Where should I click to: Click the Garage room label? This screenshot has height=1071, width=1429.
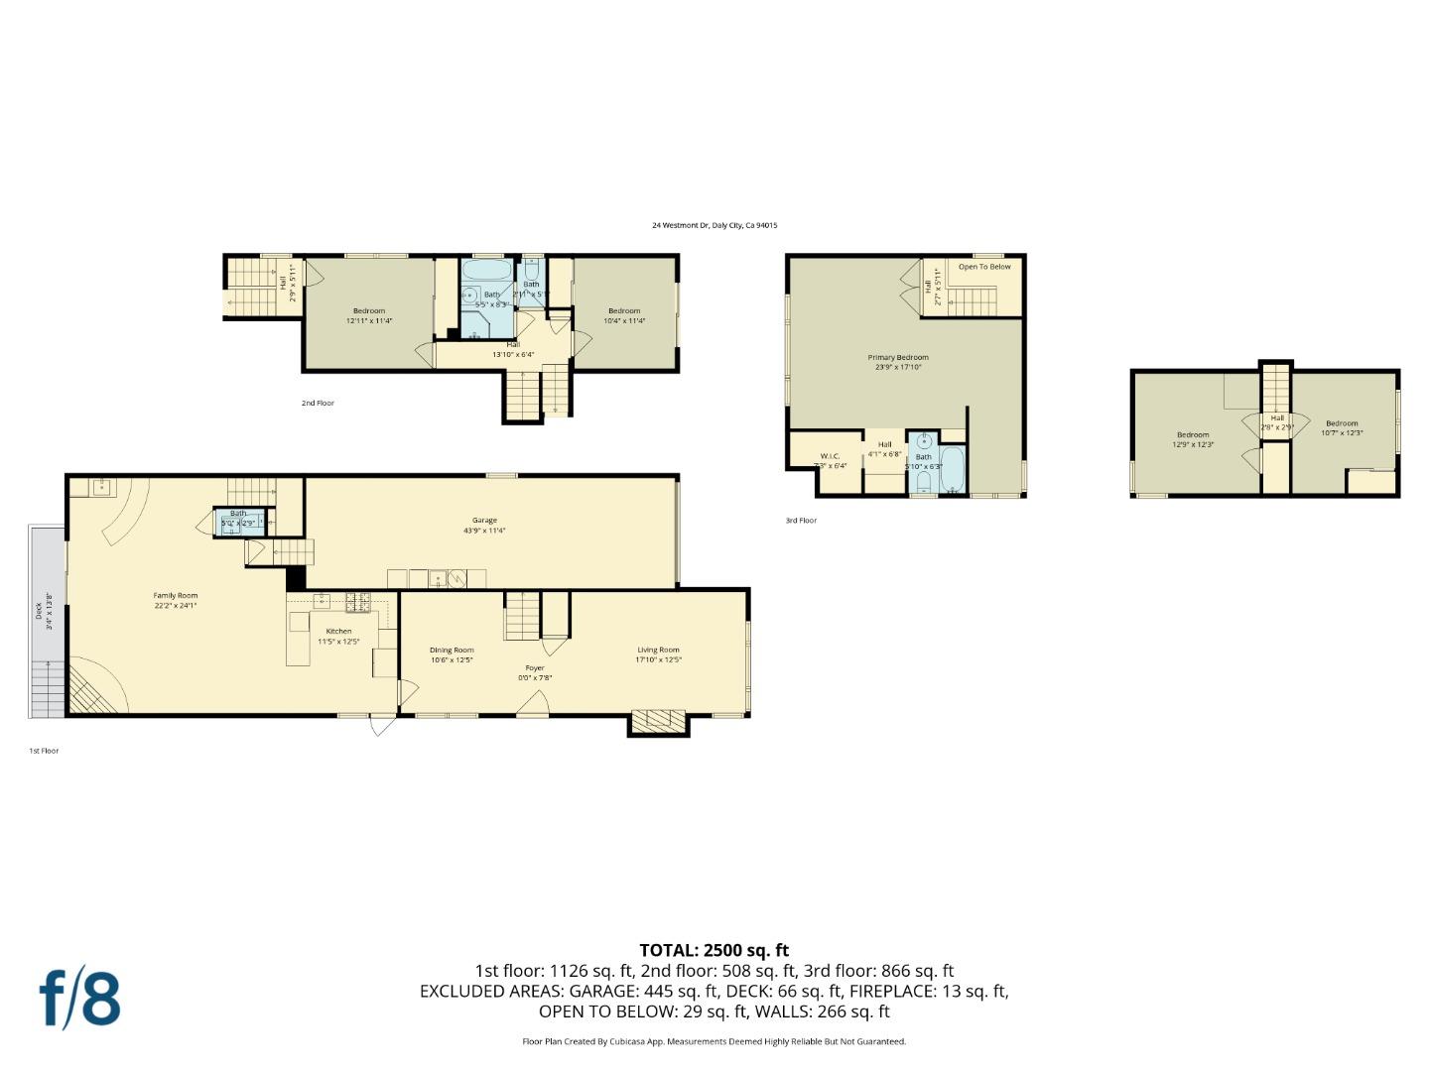click(x=484, y=521)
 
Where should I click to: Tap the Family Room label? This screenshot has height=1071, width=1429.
click(x=176, y=596)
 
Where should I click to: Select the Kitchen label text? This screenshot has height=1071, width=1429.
click(x=338, y=632)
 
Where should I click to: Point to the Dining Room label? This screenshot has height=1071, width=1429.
click(x=452, y=651)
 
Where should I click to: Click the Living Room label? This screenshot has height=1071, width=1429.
click(x=659, y=651)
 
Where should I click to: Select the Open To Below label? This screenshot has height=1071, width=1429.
click(x=984, y=267)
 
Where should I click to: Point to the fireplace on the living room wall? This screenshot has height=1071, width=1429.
click(x=658, y=721)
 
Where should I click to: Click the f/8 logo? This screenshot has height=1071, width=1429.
click(x=80, y=999)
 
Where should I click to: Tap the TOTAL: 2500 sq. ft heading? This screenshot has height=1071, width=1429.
click(x=714, y=950)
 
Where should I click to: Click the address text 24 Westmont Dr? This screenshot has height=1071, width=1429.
click(x=714, y=225)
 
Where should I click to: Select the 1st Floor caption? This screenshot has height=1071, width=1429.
click(x=44, y=751)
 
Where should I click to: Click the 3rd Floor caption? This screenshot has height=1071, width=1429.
click(x=801, y=521)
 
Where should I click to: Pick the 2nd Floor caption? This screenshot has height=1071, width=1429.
click(x=318, y=404)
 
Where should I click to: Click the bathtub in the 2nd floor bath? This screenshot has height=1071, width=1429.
click(x=486, y=270)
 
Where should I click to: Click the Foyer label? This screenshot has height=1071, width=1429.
click(x=535, y=668)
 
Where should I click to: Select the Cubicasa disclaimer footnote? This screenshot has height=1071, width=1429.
click(x=714, y=1041)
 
